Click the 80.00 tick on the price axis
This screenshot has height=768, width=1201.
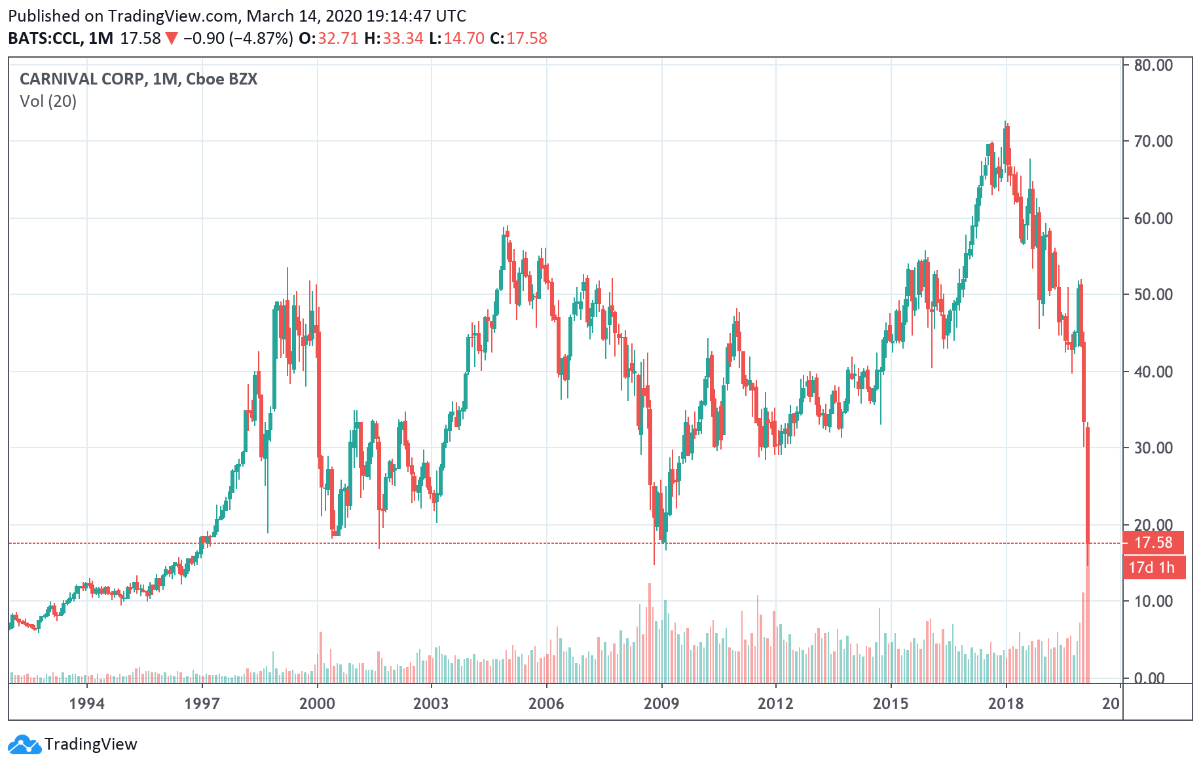pyautogui.click(x=1153, y=65)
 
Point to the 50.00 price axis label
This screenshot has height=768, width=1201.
pyautogui.click(x=1153, y=294)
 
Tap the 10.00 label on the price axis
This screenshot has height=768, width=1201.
pyautogui.click(x=1153, y=601)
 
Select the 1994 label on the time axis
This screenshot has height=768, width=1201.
pyautogui.click(x=86, y=704)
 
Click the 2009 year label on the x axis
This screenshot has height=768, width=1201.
pyautogui.click(x=661, y=704)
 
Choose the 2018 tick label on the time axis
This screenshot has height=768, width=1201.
pyautogui.click(x=1006, y=704)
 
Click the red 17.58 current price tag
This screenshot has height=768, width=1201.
pyautogui.click(x=1153, y=543)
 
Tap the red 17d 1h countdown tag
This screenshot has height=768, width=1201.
pyautogui.click(x=1153, y=567)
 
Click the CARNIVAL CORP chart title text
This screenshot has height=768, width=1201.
pyautogui.click(x=82, y=79)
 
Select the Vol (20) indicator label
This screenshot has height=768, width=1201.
pyautogui.click(x=48, y=102)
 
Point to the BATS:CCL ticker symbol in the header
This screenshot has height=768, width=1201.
pyautogui.click(x=44, y=39)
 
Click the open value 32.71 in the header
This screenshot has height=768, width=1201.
pyautogui.click(x=338, y=39)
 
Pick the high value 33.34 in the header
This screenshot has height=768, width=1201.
pyautogui.click(x=403, y=39)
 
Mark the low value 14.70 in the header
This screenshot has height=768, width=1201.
pyautogui.click(x=464, y=39)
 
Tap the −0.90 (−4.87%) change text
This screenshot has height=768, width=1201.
pyautogui.click(x=238, y=39)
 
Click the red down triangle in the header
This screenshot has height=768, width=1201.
pyautogui.click(x=172, y=39)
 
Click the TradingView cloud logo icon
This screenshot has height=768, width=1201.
pyautogui.click(x=25, y=745)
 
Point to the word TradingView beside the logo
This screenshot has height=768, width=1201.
pyautogui.click(x=90, y=744)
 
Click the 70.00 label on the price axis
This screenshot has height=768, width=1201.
pyautogui.click(x=1153, y=142)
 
